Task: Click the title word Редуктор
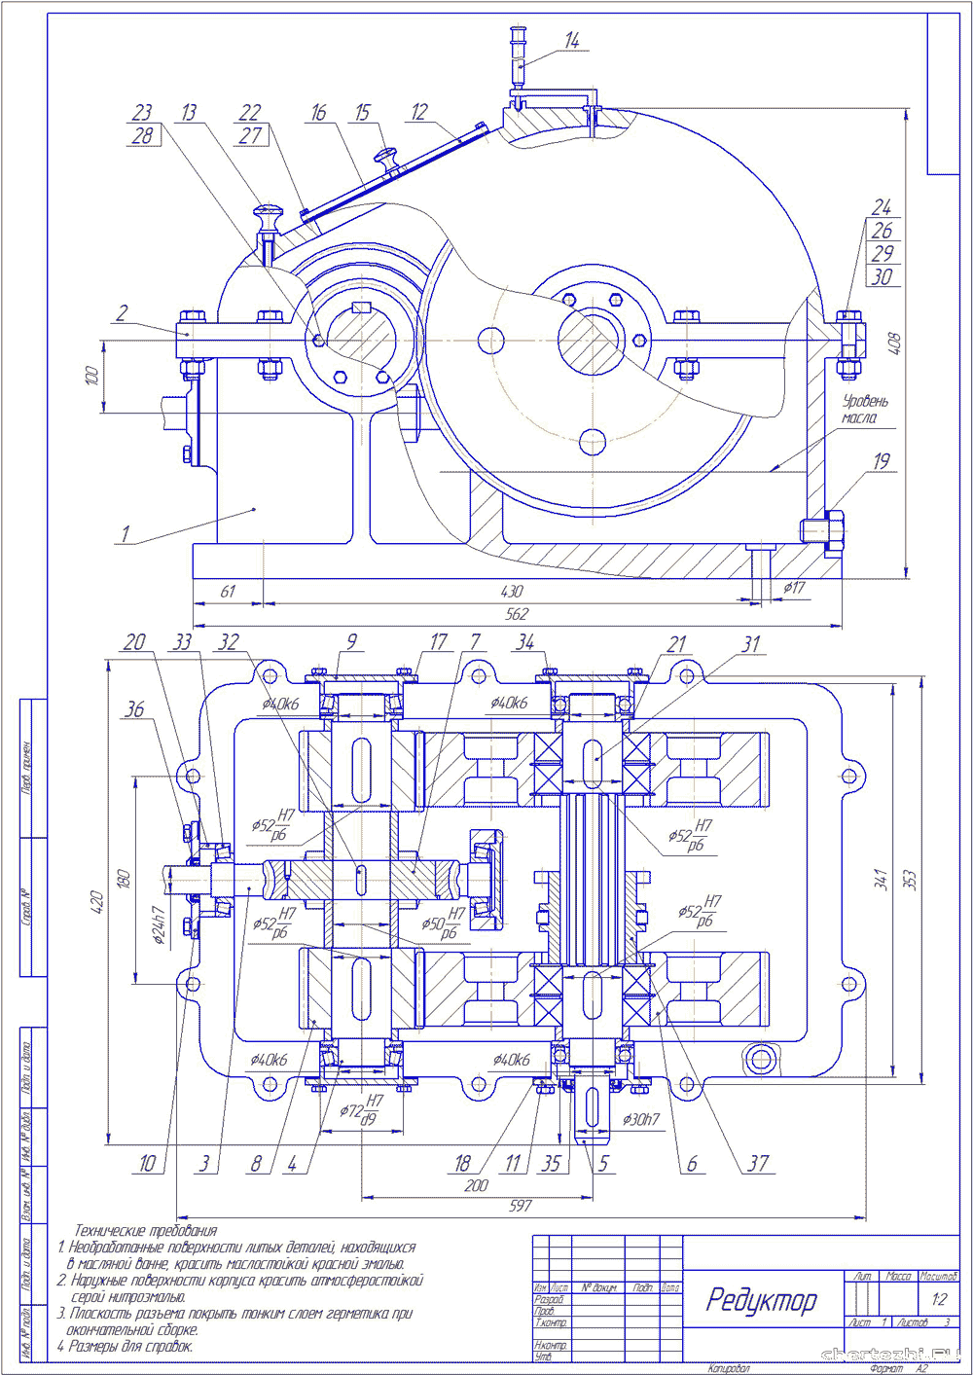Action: (761, 1300)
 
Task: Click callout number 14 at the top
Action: (572, 41)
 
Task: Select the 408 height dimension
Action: (895, 344)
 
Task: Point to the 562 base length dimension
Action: (517, 614)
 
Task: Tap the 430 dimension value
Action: (512, 591)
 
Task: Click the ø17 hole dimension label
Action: (794, 588)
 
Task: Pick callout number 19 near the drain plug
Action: (882, 461)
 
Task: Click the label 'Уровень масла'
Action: (864, 409)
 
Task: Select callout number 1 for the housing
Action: (125, 533)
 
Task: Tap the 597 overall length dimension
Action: (521, 1206)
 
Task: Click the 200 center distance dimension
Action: (476, 1185)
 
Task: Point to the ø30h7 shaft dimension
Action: (641, 1119)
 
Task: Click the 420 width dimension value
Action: (95, 903)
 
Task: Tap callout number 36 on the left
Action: (134, 710)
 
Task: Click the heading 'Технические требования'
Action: (146, 1231)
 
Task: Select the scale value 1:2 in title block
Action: (939, 1299)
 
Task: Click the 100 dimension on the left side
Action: (91, 376)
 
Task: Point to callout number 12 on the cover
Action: (419, 112)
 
